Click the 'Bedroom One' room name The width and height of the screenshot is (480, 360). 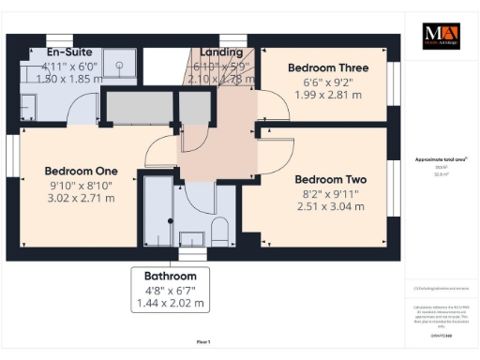[81, 171]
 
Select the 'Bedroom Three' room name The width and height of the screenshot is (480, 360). [327, 68]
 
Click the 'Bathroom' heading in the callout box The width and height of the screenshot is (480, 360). [170, 277]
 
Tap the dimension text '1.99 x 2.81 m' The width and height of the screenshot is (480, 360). [327, 97]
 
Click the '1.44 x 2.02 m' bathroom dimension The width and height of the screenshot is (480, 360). [170, 305]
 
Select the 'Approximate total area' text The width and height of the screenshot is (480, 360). [442, 160]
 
